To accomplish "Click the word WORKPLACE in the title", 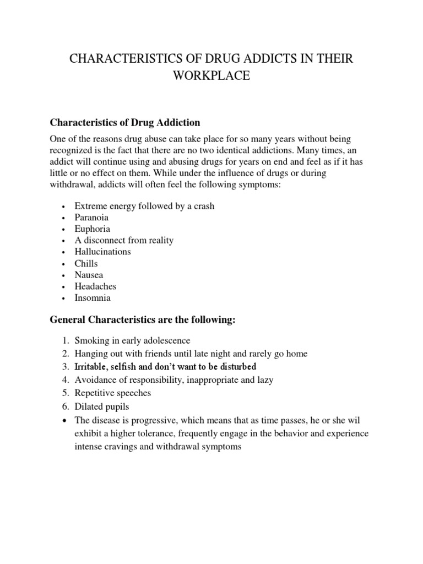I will tap(211, 77).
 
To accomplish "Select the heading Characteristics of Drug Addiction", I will tap(125, 122).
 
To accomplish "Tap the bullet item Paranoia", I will tap(93, 218).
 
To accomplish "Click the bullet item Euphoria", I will tap(93, 229).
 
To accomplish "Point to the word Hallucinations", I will tap(103, 252).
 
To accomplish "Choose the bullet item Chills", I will tap(86, 263).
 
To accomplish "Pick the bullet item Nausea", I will tap(89, 275).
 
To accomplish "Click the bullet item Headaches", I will tap(96, 286).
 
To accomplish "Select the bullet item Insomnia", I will tap(93, 298).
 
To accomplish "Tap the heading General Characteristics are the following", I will tap(143, 321).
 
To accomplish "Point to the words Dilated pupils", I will tap(102, 406).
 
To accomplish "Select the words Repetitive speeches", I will tap(113, 393).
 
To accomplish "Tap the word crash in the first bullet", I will tap(203, 206).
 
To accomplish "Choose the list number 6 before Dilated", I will tap(64, 406).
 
